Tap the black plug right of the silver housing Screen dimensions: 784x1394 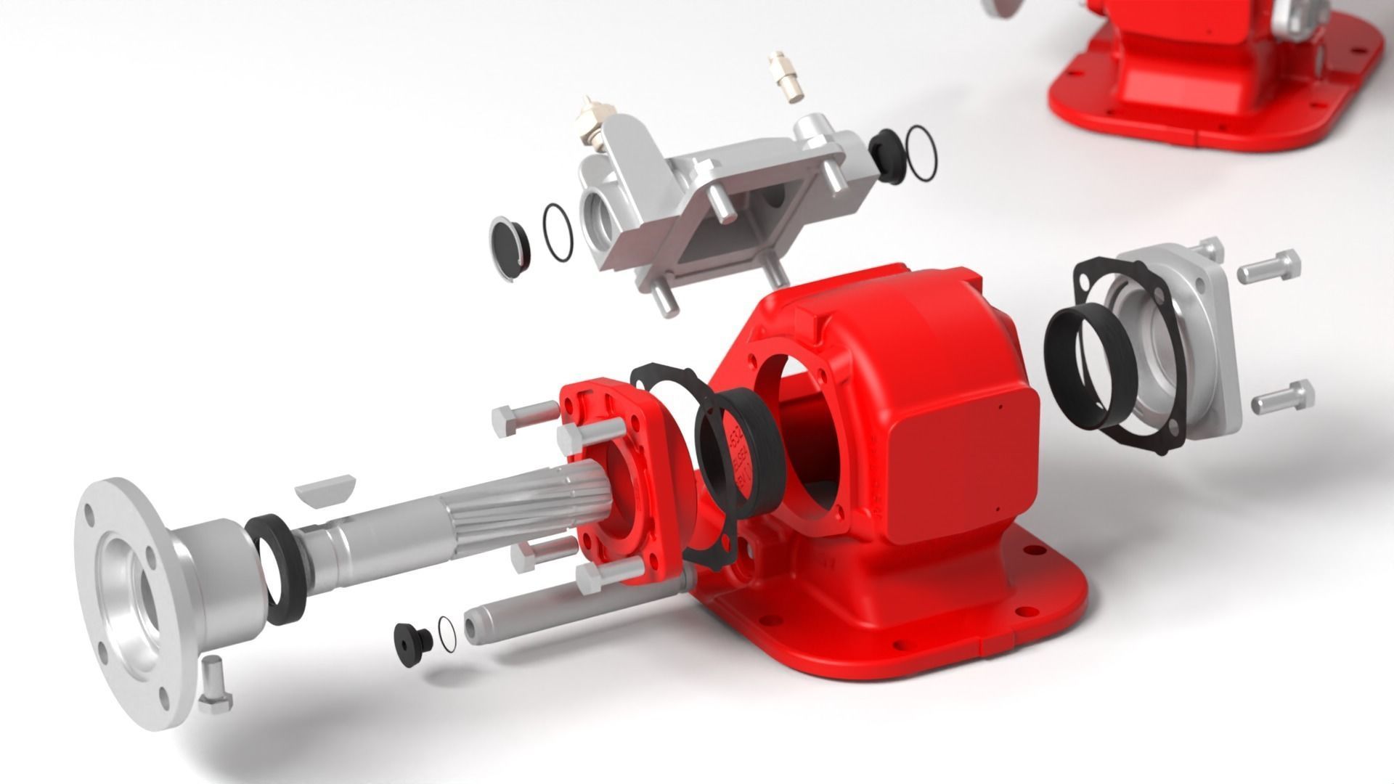pos(884,155)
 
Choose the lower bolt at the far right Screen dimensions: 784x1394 pos(1281,397)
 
